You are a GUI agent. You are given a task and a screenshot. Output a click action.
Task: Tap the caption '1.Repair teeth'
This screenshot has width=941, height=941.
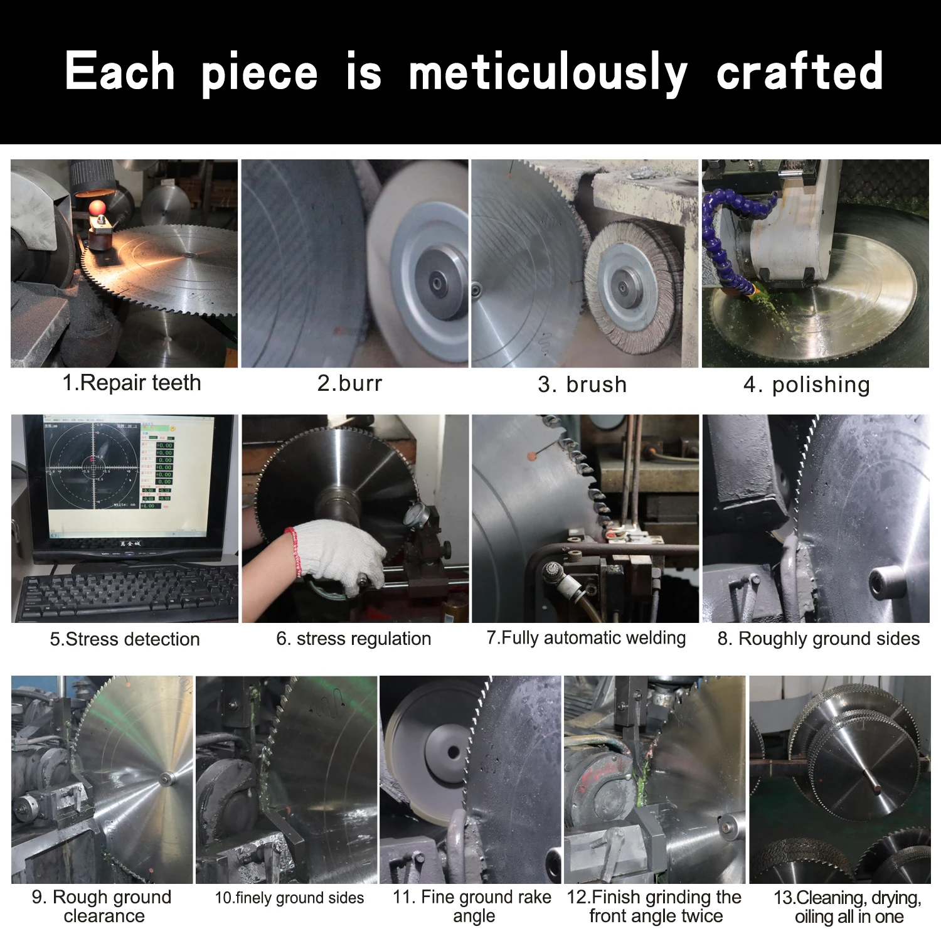pyautogui.click(x=132, y=383)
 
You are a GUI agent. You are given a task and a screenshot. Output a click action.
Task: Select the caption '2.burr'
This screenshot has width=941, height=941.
pyautogui.click(x=349, y=383)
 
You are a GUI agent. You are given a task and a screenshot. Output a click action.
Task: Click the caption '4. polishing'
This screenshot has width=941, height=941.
pyautogui.click(x=807, y=385)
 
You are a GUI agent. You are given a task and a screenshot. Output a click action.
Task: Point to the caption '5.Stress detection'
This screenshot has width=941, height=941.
pyautogui.click(x=125, y=639)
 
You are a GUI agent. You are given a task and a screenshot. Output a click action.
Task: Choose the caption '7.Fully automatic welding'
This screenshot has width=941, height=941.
pyautogui.click(x=586, y=638)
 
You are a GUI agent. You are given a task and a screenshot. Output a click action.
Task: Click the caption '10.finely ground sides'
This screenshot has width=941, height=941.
pyautogui.click(x=289, y=898)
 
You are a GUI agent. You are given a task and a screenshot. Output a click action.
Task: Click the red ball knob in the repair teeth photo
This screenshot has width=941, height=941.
pyautogui.click(x=97, y=208)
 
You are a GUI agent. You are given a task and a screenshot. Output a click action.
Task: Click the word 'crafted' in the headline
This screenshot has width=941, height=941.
pyautogui.click(x=799, y=72)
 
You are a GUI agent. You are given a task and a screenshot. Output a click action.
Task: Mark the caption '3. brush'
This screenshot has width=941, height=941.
pyautogui.click(x=582, y=385)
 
